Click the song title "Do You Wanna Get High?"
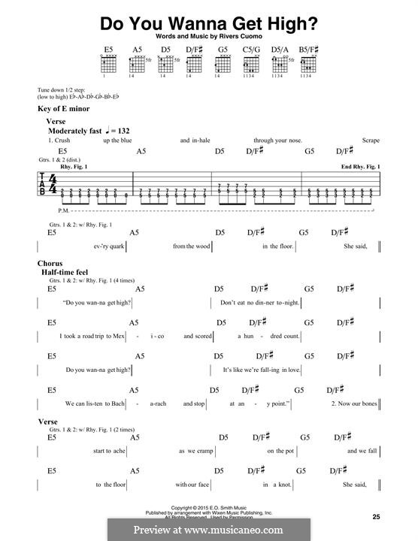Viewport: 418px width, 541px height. [208, 22]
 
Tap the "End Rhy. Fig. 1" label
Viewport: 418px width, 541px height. [359, 165]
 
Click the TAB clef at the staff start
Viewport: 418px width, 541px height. [43, 184]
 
